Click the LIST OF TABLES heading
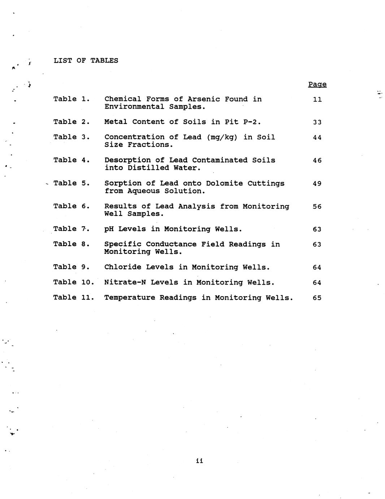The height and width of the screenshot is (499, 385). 86,60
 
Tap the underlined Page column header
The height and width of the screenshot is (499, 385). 317,84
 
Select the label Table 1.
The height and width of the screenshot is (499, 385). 72,99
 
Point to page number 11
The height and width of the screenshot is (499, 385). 317,99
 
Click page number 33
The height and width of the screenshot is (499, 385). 317,122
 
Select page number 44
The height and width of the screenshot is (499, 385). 317,137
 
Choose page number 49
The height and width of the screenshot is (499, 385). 317,184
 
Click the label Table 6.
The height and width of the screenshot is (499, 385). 72,206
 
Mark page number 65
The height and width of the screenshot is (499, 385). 317,298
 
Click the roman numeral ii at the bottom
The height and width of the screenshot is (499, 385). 199,461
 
